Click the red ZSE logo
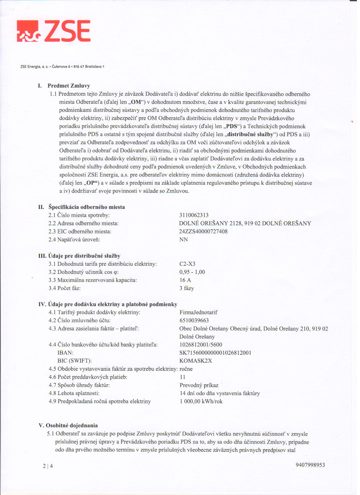(54, 31)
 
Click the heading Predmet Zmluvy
(69, 86)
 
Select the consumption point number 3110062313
(194, 215)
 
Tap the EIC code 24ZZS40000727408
(203, 232)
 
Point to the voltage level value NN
(184, 240)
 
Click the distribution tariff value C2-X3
(187, 264)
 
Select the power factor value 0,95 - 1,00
(192, 272)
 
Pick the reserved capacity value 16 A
(185, 280)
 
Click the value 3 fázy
(187, 288)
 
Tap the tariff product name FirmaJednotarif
(198, 312)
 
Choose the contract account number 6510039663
(194, 320)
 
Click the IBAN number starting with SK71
(215, 353)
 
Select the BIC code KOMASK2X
(196, 361)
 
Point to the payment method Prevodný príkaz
(199, 385)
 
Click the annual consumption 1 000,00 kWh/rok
(201, 401)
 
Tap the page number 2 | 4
(48, 466)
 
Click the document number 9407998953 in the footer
(310, 465)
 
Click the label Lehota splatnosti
(78, 393)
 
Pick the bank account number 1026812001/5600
(201, 345)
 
